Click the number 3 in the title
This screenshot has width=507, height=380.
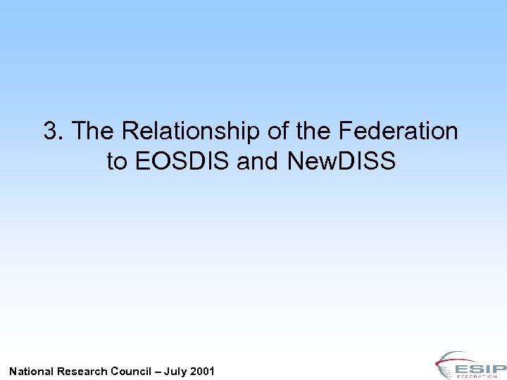coord(51,131)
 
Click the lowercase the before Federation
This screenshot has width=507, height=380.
coord(311,131)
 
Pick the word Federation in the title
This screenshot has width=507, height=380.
coord(398,131)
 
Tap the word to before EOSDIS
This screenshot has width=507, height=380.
coord(117,162)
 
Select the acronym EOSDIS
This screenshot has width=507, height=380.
coord(182,162)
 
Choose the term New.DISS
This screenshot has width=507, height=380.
coord(342,162)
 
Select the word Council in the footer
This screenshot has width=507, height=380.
coord(134,371)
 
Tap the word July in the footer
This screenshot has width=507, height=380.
coord(177,371)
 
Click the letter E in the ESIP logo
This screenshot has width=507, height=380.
coord(464,369)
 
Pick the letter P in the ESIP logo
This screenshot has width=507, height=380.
coord(496,369)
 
